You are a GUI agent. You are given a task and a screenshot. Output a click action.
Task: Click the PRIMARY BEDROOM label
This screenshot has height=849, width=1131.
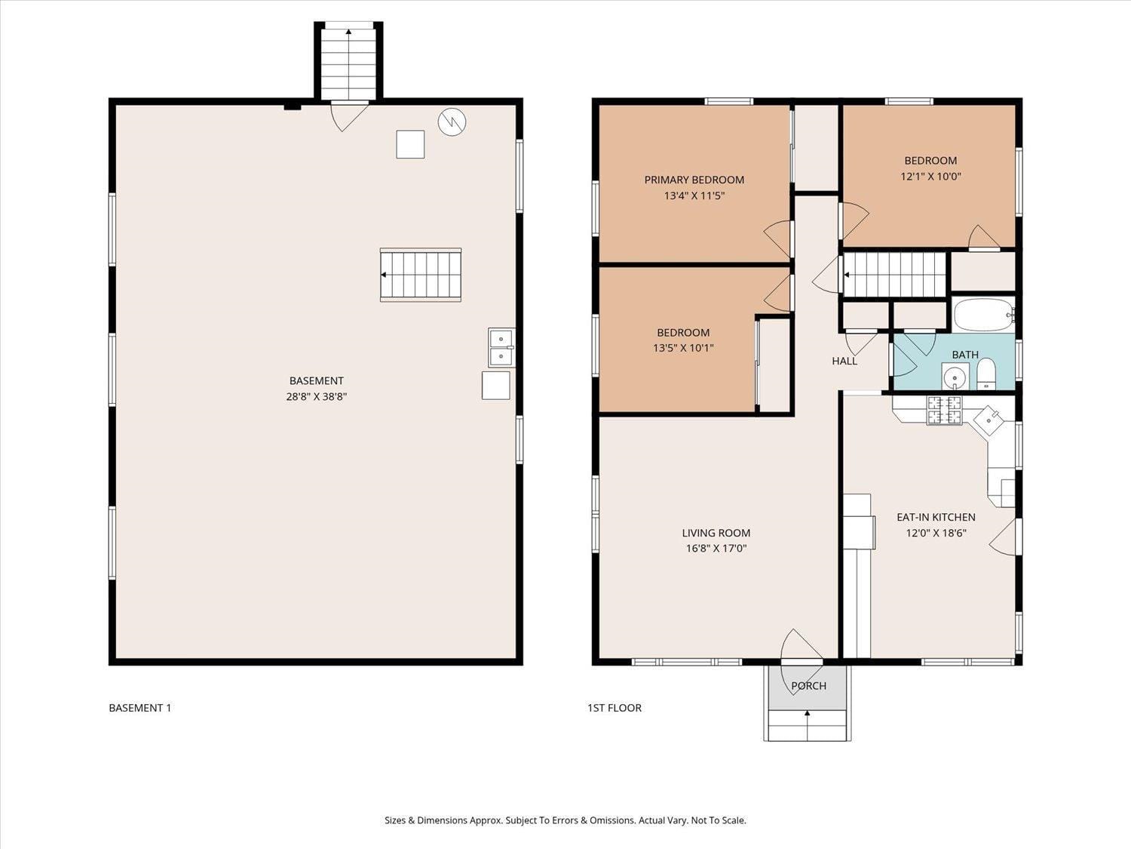tap(694, 180)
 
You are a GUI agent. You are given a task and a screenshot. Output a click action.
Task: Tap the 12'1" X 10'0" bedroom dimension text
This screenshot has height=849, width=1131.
tap(930, 177)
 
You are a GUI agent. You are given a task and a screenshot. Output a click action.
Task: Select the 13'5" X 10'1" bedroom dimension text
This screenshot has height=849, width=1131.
tap(683, 348)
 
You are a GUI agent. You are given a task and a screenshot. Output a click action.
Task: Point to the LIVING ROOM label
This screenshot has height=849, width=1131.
tap(716, 533)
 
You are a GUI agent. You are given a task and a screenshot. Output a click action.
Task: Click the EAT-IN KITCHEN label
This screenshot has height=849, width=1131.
tap(936, 517)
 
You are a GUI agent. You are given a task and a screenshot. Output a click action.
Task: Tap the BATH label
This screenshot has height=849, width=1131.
tap(965, 355)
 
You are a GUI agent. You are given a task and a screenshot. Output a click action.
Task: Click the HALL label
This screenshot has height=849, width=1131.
tap(844, 361)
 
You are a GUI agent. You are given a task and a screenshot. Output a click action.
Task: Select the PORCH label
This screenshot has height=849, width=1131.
tap(808, 686)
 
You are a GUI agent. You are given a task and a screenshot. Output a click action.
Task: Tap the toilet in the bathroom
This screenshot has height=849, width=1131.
tap(986, 374)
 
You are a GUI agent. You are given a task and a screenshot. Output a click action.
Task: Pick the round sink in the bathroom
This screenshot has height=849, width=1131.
tap(955, 375)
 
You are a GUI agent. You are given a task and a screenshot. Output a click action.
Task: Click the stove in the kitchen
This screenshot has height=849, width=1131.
tap(944, 410)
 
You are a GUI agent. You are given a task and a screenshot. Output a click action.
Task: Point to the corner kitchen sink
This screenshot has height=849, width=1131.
tap(988, 418)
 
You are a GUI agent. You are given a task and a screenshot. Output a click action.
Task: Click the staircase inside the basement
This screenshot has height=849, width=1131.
tap(421, 275)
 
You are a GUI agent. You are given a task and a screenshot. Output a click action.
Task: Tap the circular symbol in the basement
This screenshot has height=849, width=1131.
tap(452, 122)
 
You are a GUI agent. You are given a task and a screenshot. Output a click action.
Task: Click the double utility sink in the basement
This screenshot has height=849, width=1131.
tap(501, 347)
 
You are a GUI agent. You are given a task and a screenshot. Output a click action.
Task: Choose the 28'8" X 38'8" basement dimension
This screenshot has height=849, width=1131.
tap(316, 396)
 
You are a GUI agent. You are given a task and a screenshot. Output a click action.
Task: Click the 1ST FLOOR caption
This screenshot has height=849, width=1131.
tap(615, 708)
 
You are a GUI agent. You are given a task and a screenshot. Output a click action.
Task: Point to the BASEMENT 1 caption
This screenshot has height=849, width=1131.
tap(140, 708)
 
